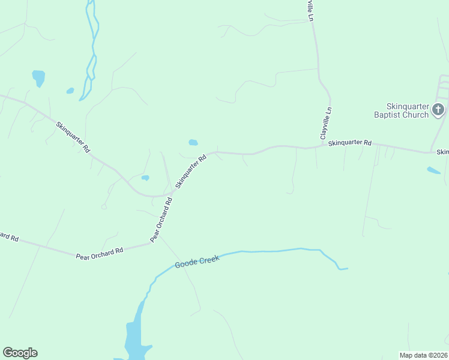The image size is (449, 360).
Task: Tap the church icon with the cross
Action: coord(438,109)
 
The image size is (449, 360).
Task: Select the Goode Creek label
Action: coord(197,262)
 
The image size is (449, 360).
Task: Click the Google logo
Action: coord(20,353)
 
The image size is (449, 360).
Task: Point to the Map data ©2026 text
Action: coord(423,355)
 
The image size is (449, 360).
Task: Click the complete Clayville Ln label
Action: coord(326,124)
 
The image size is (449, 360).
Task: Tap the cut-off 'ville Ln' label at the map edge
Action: coord(310,10)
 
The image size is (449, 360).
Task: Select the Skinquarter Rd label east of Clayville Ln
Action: coord(351,143)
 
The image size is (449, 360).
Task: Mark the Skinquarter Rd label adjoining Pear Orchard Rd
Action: coord(191,171)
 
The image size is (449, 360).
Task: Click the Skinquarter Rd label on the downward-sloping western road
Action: coord(73,137)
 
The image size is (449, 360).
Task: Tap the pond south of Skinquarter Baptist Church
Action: coord(433,170)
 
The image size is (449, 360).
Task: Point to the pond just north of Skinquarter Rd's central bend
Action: coord(193,142)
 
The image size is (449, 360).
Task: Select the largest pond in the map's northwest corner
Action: coord(38,77)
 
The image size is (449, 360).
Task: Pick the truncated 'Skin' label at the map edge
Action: coord(443,152)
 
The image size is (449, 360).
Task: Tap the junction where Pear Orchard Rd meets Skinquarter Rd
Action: coord(170,195)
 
